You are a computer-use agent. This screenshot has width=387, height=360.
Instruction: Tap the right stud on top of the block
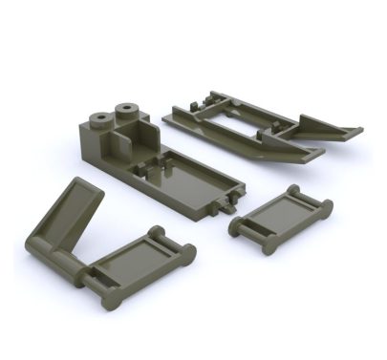(x=124, y=110)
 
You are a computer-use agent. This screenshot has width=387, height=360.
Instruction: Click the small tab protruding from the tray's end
(x=229, y=203)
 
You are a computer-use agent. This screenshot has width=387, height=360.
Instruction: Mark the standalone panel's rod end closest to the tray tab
(x=236, y=227)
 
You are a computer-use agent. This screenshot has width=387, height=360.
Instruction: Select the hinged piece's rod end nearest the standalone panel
(x=187, y=253)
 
